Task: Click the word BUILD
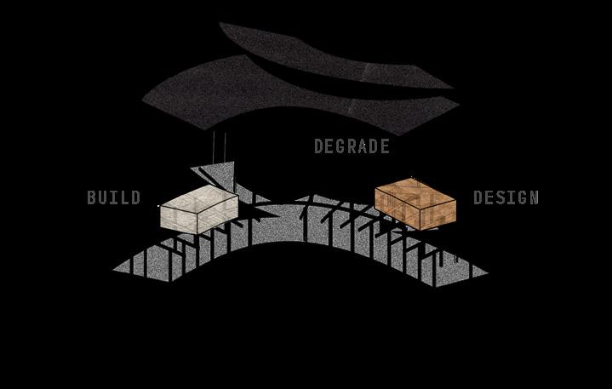(x=113, y=198)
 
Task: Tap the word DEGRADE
(x=352, y=146)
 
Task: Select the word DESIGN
(x=506, y=198)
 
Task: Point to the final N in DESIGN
(x=534, y=198)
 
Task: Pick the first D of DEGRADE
(x=319, y=146)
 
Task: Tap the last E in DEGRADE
(x=385, y=146)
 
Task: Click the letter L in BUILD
(x=125, y=198)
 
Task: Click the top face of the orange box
(x=415, y=189)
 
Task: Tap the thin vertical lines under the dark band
(x=219, y=145)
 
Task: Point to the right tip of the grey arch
(x=485, y=273)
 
